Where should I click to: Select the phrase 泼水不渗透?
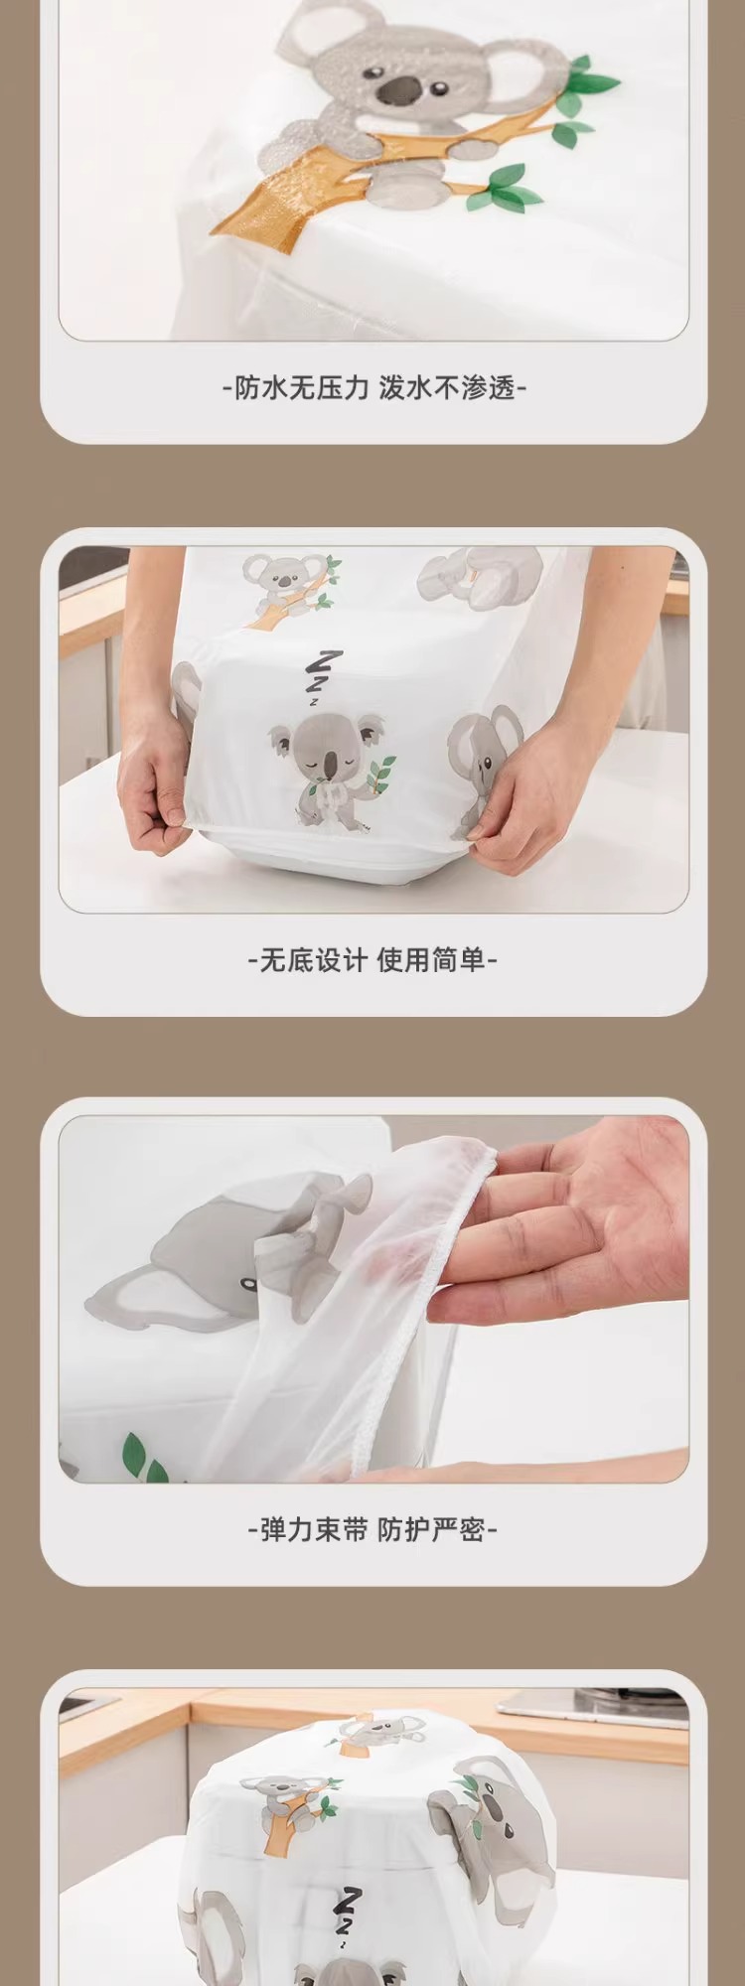click(448, 387)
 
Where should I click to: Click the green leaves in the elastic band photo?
click(144, 1461)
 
